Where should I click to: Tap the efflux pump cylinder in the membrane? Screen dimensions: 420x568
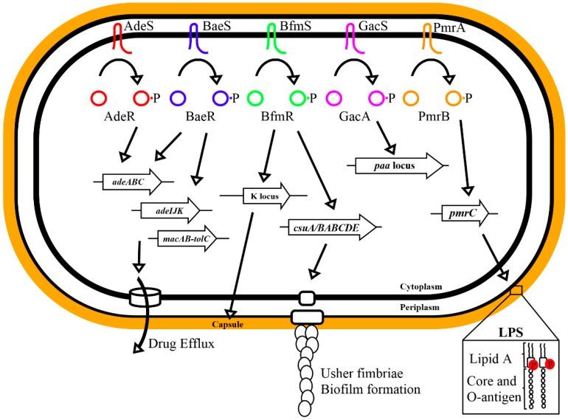click(145, 297)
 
